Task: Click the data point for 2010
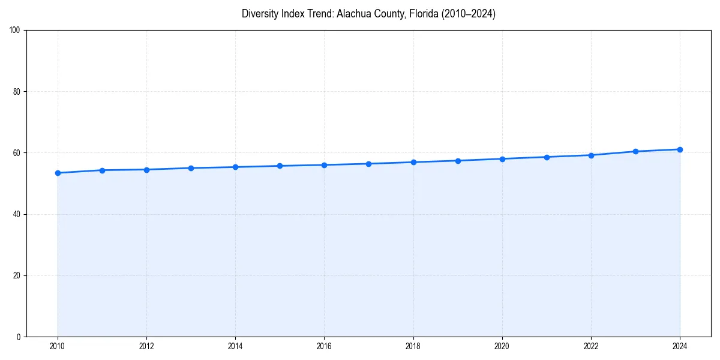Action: [58, 173]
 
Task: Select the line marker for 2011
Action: [102, 170]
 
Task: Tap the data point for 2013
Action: [191, 168]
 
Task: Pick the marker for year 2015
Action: [280, 166]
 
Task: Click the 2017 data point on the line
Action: [368, 164]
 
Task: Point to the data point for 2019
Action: [458, 161]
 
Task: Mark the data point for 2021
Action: [547, 157]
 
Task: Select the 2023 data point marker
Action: [635, 151]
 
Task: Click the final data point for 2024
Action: [680, 149]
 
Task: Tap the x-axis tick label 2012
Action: [146, 346]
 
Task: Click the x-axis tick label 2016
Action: [324, 346]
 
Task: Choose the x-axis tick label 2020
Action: [502, 346]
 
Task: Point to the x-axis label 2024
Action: [680, 346]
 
